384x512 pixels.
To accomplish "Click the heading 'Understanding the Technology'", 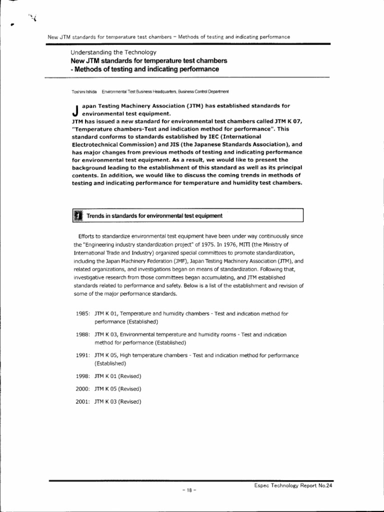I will coord(113,52).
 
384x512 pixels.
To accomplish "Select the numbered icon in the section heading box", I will coord(77,216).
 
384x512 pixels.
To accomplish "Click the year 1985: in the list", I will coord(82,313).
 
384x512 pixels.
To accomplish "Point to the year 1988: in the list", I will coord(82,334).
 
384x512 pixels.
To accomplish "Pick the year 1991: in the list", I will coord(82,355).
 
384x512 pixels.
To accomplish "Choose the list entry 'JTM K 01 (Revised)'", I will coord(118,376).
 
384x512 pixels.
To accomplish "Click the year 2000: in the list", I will coord(82,388).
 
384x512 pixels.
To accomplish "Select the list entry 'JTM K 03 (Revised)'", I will coord(118,401).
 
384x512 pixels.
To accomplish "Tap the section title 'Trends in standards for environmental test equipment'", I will coord(154,216).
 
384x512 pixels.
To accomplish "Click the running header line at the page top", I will coord(168,37).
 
